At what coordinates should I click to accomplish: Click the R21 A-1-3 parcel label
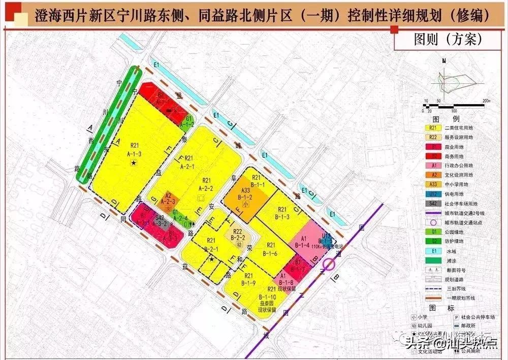(x=135, y=147)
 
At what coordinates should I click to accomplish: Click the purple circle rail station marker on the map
(x=329, y=264)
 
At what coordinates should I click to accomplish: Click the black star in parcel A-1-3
(x=133, y=162)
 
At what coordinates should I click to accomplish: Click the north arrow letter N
(x=444, y=61)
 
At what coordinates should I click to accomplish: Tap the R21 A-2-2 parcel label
(x=207, y=184)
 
